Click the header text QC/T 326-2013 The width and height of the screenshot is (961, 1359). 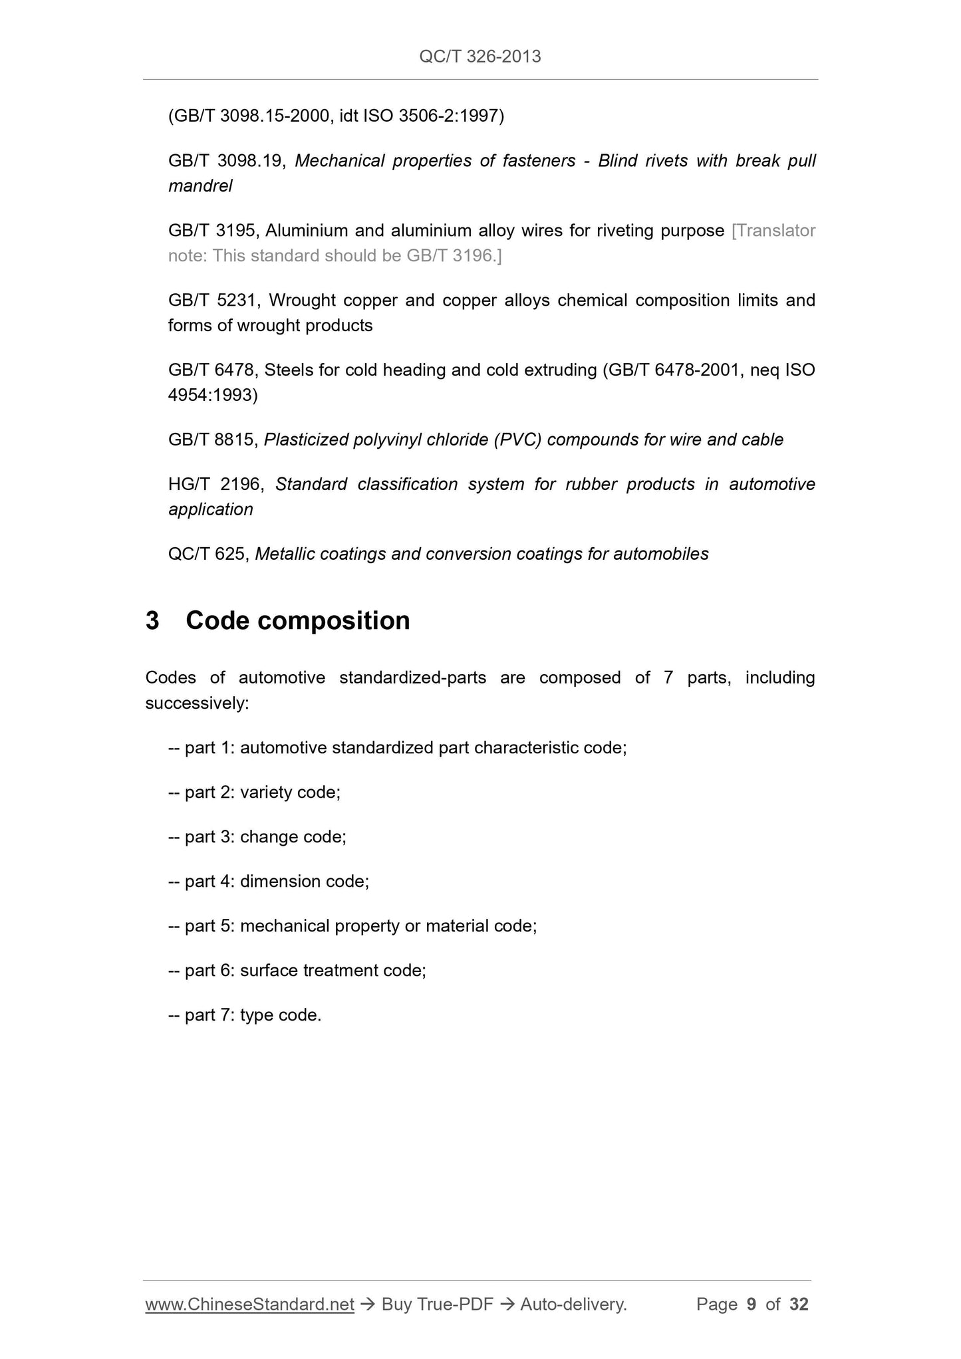point(480,57)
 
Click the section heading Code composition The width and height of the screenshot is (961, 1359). point(297,620)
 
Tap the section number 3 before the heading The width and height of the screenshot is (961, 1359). point(152,620)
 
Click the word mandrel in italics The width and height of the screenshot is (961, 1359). point(200,186)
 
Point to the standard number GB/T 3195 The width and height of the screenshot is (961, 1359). point(211,231)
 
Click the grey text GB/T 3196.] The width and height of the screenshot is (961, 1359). point(454,256)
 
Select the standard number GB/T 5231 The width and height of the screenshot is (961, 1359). point(212,301)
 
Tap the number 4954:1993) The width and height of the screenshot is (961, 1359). point(213,396)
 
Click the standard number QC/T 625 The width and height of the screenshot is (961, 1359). point(208,554)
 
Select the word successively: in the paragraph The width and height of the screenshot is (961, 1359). point(197,703)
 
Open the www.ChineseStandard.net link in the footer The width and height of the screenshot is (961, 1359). point(249,1305)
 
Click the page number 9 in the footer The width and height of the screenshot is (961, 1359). point(752,1305)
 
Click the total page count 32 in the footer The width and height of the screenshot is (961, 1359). point(799,1305)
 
